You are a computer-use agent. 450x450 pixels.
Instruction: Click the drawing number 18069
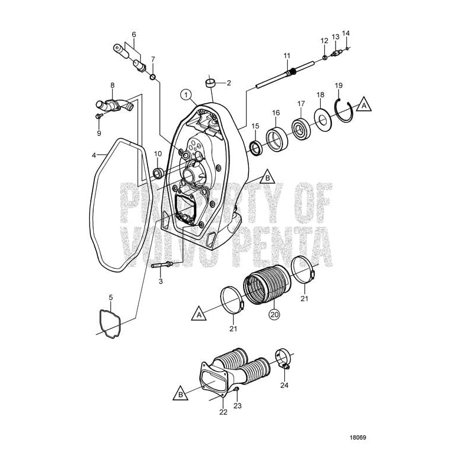(x=357, y=422)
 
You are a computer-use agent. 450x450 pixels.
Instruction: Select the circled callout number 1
(x=186, y=94)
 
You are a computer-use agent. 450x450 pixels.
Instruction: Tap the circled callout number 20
(x=274, y=314)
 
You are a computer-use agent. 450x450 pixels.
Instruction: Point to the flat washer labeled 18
(x=323, y=120)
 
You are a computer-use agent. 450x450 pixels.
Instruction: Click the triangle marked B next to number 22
(x=181, y=392)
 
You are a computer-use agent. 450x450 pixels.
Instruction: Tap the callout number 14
(x=346, y=34)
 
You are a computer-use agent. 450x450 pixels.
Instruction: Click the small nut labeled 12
(x=324, y=57)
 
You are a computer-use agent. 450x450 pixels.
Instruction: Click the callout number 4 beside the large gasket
(x=94, y=156)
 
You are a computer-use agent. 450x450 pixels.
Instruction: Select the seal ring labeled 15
(x=255, y=148)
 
